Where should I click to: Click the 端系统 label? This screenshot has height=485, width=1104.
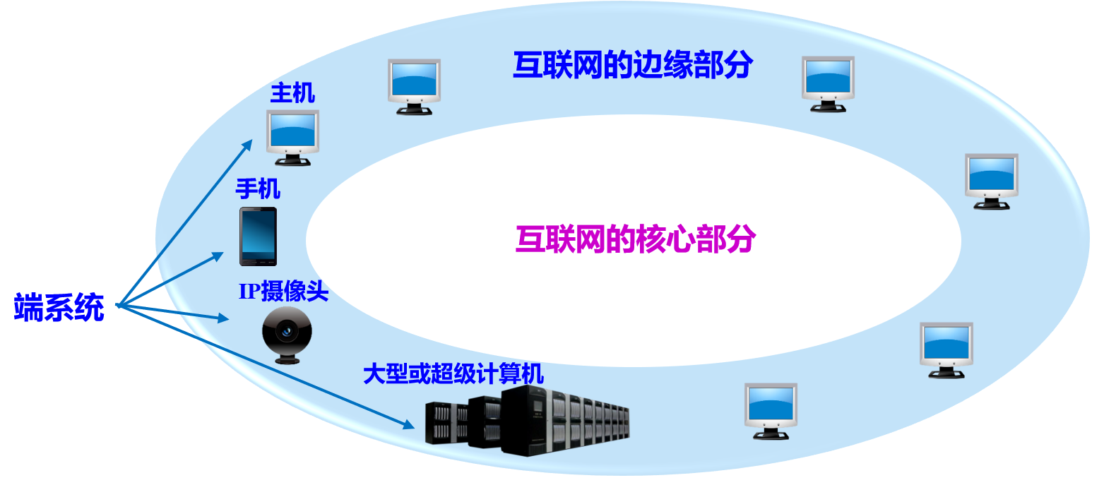coord(59,309)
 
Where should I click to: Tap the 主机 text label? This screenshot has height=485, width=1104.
coord(292,93)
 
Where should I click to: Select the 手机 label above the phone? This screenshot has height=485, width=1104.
coord(258,189)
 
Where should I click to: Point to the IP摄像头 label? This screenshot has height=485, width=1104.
coord(283,291)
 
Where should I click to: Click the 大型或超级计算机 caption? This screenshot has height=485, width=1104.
coord(453,373)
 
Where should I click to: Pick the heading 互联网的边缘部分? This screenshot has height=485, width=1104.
coord(632,66)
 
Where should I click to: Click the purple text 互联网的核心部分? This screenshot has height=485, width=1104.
coord(636,240)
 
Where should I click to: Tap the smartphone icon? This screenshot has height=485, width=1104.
coord(258,236)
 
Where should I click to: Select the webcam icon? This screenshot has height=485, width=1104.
coord(287,335)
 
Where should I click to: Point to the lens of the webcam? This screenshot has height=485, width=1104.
coord(287,330)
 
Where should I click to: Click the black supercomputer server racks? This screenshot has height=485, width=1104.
coord(530,421)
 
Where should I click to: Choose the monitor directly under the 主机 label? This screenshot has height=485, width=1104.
coord(292,137)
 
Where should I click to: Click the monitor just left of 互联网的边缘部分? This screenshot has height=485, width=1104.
coord(414,86)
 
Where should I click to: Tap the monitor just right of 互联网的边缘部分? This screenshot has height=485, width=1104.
coord(828,83)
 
